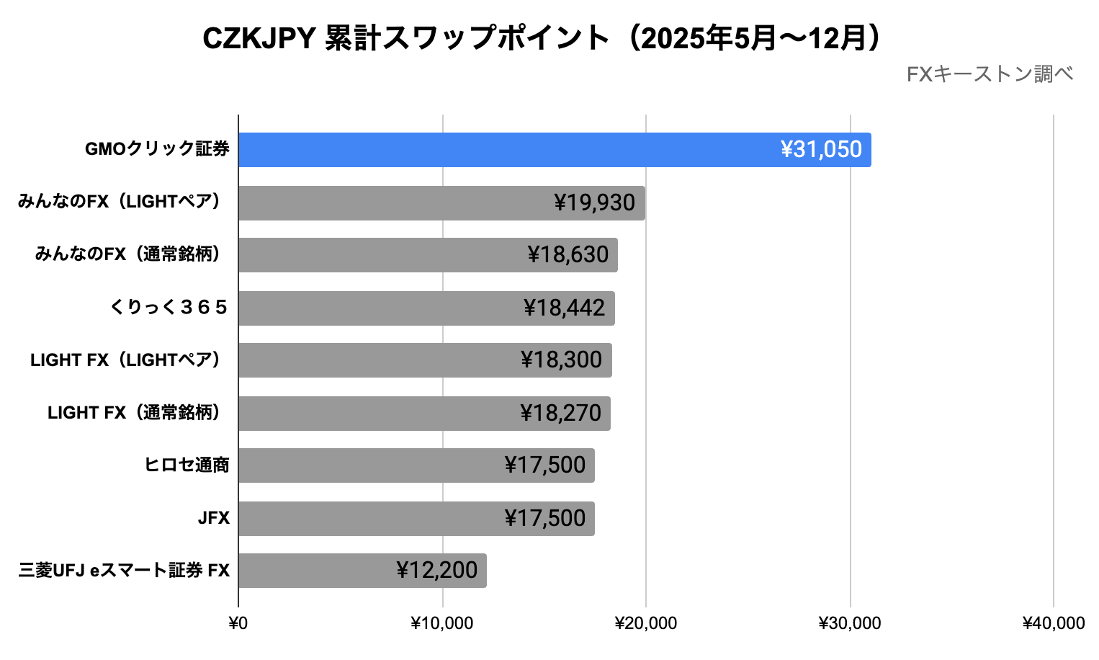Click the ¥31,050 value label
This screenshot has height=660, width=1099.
[821, 150]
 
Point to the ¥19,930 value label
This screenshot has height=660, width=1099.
[594, 203]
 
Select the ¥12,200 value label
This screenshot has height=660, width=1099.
[436, 571]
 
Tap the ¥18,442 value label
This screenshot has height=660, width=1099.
[564, 308]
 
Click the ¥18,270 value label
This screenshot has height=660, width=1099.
[560, 414]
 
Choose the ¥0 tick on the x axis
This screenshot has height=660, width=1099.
[238, 623]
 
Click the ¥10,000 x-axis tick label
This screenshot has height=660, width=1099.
[441, 623]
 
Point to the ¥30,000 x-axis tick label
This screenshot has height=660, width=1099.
[849, 623]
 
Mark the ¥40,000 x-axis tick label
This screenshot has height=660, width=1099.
[1053, 623]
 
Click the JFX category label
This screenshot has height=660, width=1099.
[214, 518]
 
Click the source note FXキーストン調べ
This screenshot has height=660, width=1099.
[990, 74]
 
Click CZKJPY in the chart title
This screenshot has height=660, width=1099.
[259, 38]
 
